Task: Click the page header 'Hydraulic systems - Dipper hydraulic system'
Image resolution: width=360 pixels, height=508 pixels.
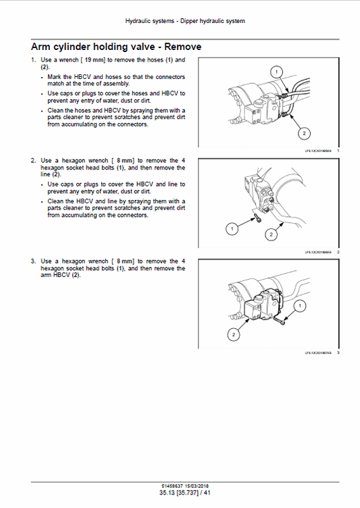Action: tap(185, 21)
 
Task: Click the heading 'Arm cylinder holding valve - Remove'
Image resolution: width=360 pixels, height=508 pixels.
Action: tap(116, 47)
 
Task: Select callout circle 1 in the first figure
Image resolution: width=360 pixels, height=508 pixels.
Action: tap(275, 72)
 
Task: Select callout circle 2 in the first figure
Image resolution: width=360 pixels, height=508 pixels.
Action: tap(304, 132)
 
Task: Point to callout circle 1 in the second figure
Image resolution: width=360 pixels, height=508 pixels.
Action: tap(232, 230)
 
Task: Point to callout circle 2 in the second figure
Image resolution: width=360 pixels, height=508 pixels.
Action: tap(271, 234)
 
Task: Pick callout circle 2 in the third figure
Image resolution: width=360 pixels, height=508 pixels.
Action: tap(234, 334)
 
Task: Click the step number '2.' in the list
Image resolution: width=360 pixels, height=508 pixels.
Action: tap(34, 160)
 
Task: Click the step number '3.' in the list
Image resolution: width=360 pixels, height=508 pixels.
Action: tap(34, 261)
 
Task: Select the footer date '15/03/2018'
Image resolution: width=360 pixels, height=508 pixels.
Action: tap(196, 486)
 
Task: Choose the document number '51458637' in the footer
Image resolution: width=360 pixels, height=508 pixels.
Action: tap(172, 486)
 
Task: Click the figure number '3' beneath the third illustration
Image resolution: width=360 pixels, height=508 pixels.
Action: tap(338, 353)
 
